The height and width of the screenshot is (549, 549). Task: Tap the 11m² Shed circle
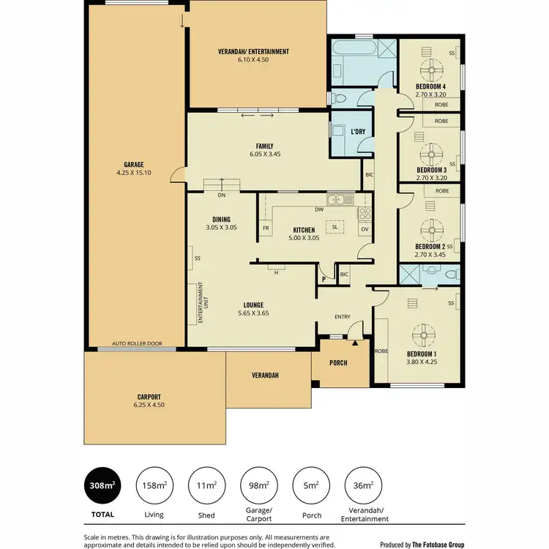pos(206,485)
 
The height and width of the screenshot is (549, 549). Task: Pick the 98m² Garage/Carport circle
pos(258,485)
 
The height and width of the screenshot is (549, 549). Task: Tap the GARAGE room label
pos(133,164)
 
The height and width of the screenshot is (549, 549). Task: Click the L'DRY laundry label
pos(358,132)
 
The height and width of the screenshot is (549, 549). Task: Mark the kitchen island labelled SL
pos(335,227)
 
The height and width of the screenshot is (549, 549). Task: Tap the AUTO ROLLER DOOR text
pos(137,343)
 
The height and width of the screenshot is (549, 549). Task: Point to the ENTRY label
pos(342,317)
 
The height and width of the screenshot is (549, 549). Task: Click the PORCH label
pos(337,363)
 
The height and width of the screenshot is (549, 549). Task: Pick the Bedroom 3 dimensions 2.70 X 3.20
pos(430,178)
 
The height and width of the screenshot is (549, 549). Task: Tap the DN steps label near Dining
pos(221,195)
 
